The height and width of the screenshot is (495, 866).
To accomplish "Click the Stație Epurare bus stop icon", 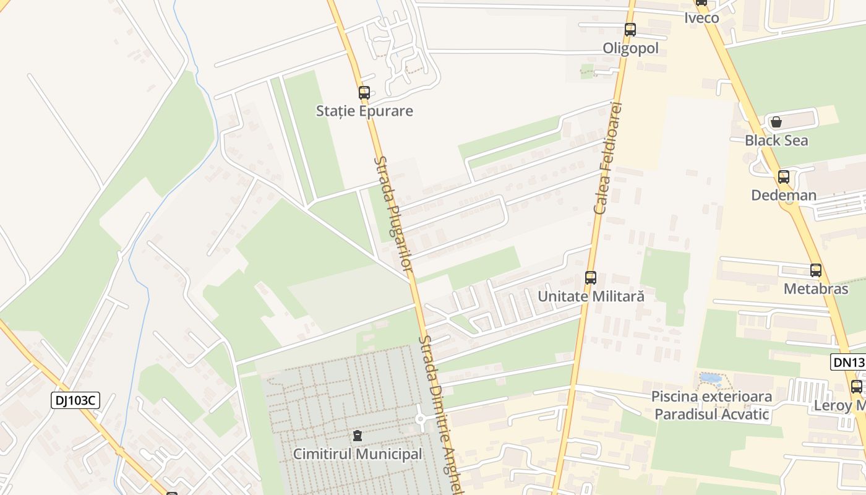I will tap(364, 93).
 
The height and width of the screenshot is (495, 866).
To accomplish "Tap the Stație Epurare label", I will tap(364, 111).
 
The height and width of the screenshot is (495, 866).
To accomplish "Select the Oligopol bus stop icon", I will tap(630, 29).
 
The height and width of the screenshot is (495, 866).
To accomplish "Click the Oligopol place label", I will tap(631, 48).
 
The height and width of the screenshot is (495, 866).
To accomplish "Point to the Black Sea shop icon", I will tap(776, 122).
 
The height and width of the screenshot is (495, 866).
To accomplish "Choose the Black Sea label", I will tap(776, 140).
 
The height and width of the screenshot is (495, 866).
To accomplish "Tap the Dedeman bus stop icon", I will tap(784, 177).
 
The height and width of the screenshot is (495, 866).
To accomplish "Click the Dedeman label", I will tap(784, 196).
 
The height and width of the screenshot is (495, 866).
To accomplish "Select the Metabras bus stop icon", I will tap(816, 270).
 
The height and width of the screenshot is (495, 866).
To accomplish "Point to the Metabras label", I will tap(816, 289).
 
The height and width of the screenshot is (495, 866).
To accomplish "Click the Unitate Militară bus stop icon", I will tap(591, 278).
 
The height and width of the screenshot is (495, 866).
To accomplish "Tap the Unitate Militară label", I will tap(591, 296).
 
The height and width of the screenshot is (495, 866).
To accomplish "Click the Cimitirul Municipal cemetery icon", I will tap(358, 436).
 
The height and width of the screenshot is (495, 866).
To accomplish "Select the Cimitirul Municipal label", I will tap(358, 454).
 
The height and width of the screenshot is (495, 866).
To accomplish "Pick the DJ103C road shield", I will tap(75, 401).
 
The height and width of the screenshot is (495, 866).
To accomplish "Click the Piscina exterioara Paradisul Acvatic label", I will tap(711, 405).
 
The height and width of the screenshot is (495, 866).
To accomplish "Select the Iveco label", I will tap(702, 17).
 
